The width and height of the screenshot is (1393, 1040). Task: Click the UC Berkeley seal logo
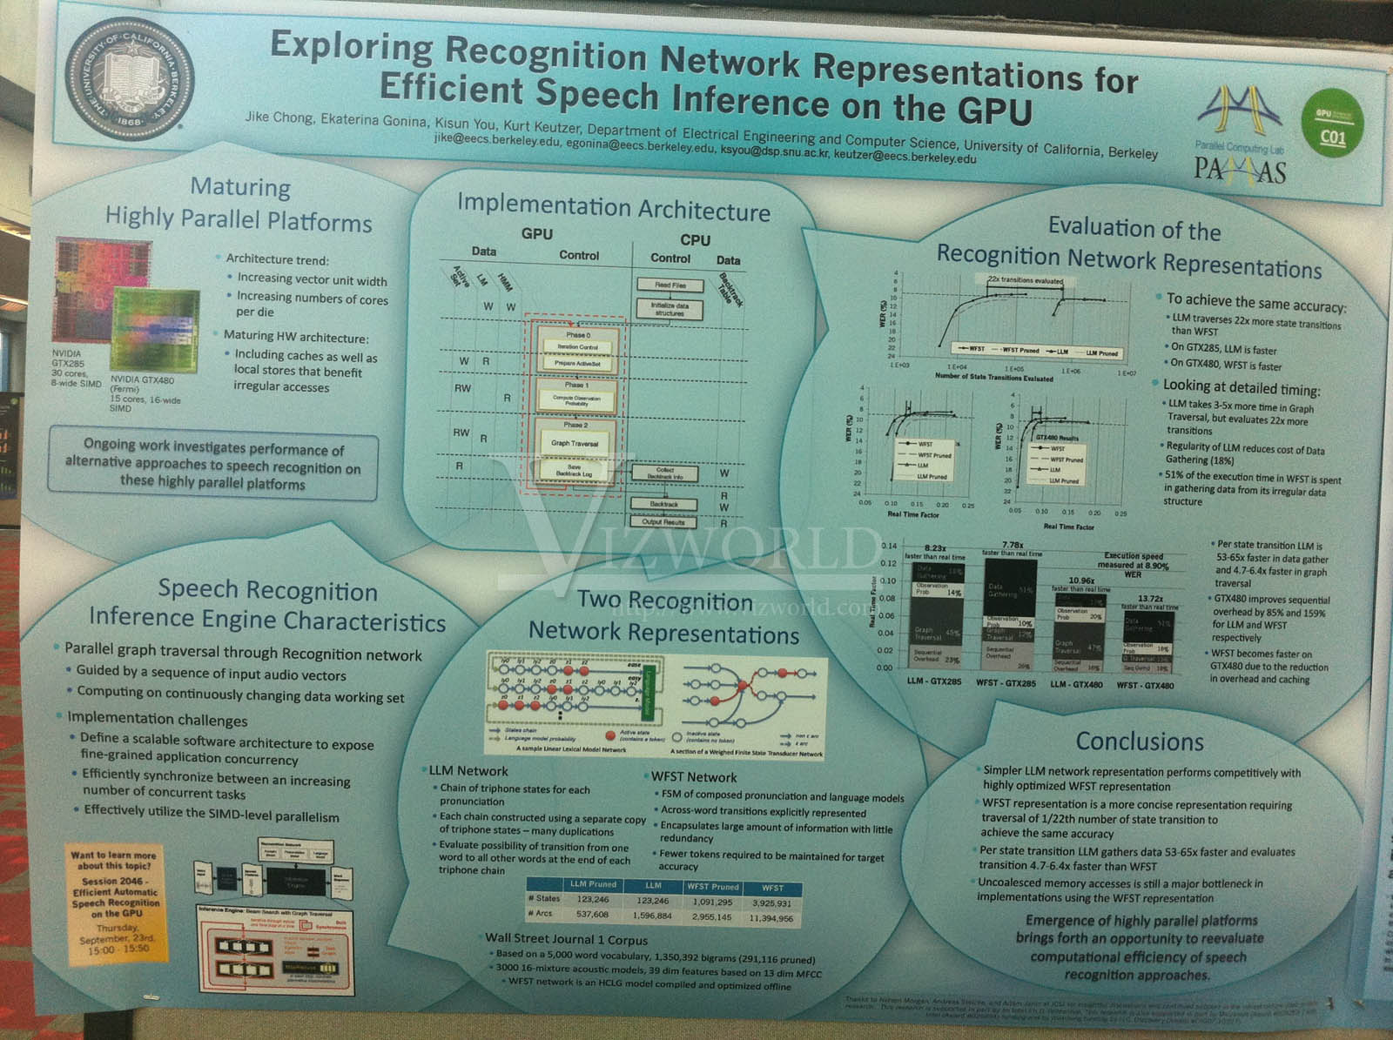click(130, 77)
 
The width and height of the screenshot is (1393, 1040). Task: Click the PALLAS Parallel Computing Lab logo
click(1240, 135)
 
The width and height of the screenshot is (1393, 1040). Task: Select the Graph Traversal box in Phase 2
click(575, 443)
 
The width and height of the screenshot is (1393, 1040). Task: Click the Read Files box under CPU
click(670, 285)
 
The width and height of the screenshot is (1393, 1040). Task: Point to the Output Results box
click(663, 522)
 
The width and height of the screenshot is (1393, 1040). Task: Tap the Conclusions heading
click(1139, 741)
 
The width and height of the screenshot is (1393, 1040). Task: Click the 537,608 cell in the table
click(592, 915)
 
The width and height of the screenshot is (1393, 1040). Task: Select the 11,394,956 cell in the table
click(771, 918)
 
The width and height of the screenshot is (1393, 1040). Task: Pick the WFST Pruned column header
click(712, 887)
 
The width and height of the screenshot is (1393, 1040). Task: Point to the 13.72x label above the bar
click(1150, 599)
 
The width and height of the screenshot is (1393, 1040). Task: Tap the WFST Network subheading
click(693, 777)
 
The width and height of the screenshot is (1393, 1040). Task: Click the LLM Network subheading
click(468, 771)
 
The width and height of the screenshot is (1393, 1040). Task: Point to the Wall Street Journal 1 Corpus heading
click(566, 939)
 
